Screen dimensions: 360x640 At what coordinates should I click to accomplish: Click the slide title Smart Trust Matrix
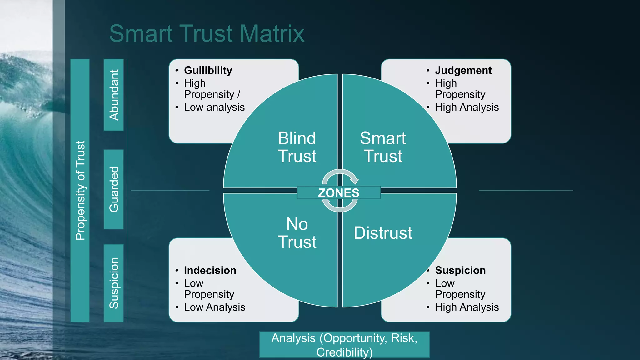(x=207, y=33)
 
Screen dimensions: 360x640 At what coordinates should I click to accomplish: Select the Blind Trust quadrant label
(x=297, y=147)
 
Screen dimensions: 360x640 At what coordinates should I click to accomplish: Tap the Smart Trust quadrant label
(x=383, y=147)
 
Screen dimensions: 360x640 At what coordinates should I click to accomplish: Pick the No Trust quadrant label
(x=297, y=233)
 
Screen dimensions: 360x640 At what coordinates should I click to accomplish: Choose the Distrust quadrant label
(x=383, y=233)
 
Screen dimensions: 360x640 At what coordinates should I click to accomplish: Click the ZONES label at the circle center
(x=339, y=193)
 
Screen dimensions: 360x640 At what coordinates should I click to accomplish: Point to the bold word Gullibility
(x=208, y=70)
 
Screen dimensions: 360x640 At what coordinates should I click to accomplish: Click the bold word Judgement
(x=463, y=70)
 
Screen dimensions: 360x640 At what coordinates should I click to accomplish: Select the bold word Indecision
(x=210, y=270)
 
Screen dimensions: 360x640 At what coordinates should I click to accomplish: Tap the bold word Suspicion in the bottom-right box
(x=460, y=270)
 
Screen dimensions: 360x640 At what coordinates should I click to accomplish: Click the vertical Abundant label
(x=114, y=95)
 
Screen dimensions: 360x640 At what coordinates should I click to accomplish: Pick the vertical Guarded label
(x=114, y=189)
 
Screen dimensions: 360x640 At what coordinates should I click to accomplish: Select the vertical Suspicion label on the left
(x=114, y=283)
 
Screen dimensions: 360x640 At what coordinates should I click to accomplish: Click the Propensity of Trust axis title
(x=80, y=190)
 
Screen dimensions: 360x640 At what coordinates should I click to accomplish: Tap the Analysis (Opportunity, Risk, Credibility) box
(x=344, y=345)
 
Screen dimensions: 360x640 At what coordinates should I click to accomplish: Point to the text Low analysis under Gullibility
(x=214, y=107)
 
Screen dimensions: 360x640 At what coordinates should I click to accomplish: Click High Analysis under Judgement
(x=467, y=107)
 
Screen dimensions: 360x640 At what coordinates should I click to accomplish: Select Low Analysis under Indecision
(x=215, y=307)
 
